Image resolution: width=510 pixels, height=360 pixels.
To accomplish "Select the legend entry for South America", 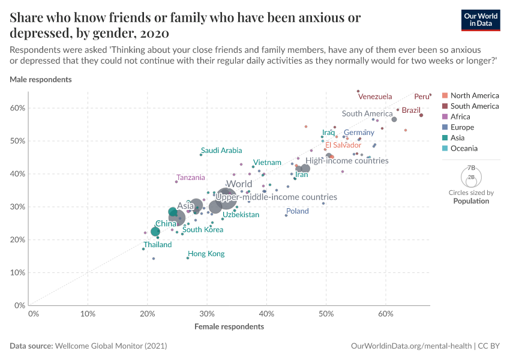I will [x=474, y=106].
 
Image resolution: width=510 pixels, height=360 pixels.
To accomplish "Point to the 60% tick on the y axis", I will [x=17, y=108].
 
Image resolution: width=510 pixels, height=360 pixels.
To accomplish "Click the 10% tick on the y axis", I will [x=17, y=272].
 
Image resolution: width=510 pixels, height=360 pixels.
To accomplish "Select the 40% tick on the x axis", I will [x=266, y=313].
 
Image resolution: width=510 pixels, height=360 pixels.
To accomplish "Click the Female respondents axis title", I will [x=229, y=327].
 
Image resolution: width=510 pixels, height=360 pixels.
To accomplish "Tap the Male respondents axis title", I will [x=41, y=79].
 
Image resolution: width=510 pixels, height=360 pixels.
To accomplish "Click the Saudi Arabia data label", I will [x=221, y=151].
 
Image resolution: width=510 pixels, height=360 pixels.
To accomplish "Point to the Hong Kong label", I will [x=206, y=254].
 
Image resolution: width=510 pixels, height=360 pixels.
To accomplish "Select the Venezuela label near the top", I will [x=374, y=97].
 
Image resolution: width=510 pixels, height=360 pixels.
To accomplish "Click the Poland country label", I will [x=297, y=211].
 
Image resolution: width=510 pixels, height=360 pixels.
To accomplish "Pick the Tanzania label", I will [x=191, y=178].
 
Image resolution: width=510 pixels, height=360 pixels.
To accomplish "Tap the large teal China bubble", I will [x=155, y=232].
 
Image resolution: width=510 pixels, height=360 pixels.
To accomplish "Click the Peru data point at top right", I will [x=430, y=94].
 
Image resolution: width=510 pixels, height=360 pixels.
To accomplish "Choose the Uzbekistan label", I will [x=241, y=215].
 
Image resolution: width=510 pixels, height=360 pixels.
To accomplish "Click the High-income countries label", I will [x=347, y=161].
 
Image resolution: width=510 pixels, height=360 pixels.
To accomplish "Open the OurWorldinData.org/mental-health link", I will [x=410, y=346].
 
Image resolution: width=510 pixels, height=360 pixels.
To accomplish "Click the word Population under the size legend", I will [x=471, y=201].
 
